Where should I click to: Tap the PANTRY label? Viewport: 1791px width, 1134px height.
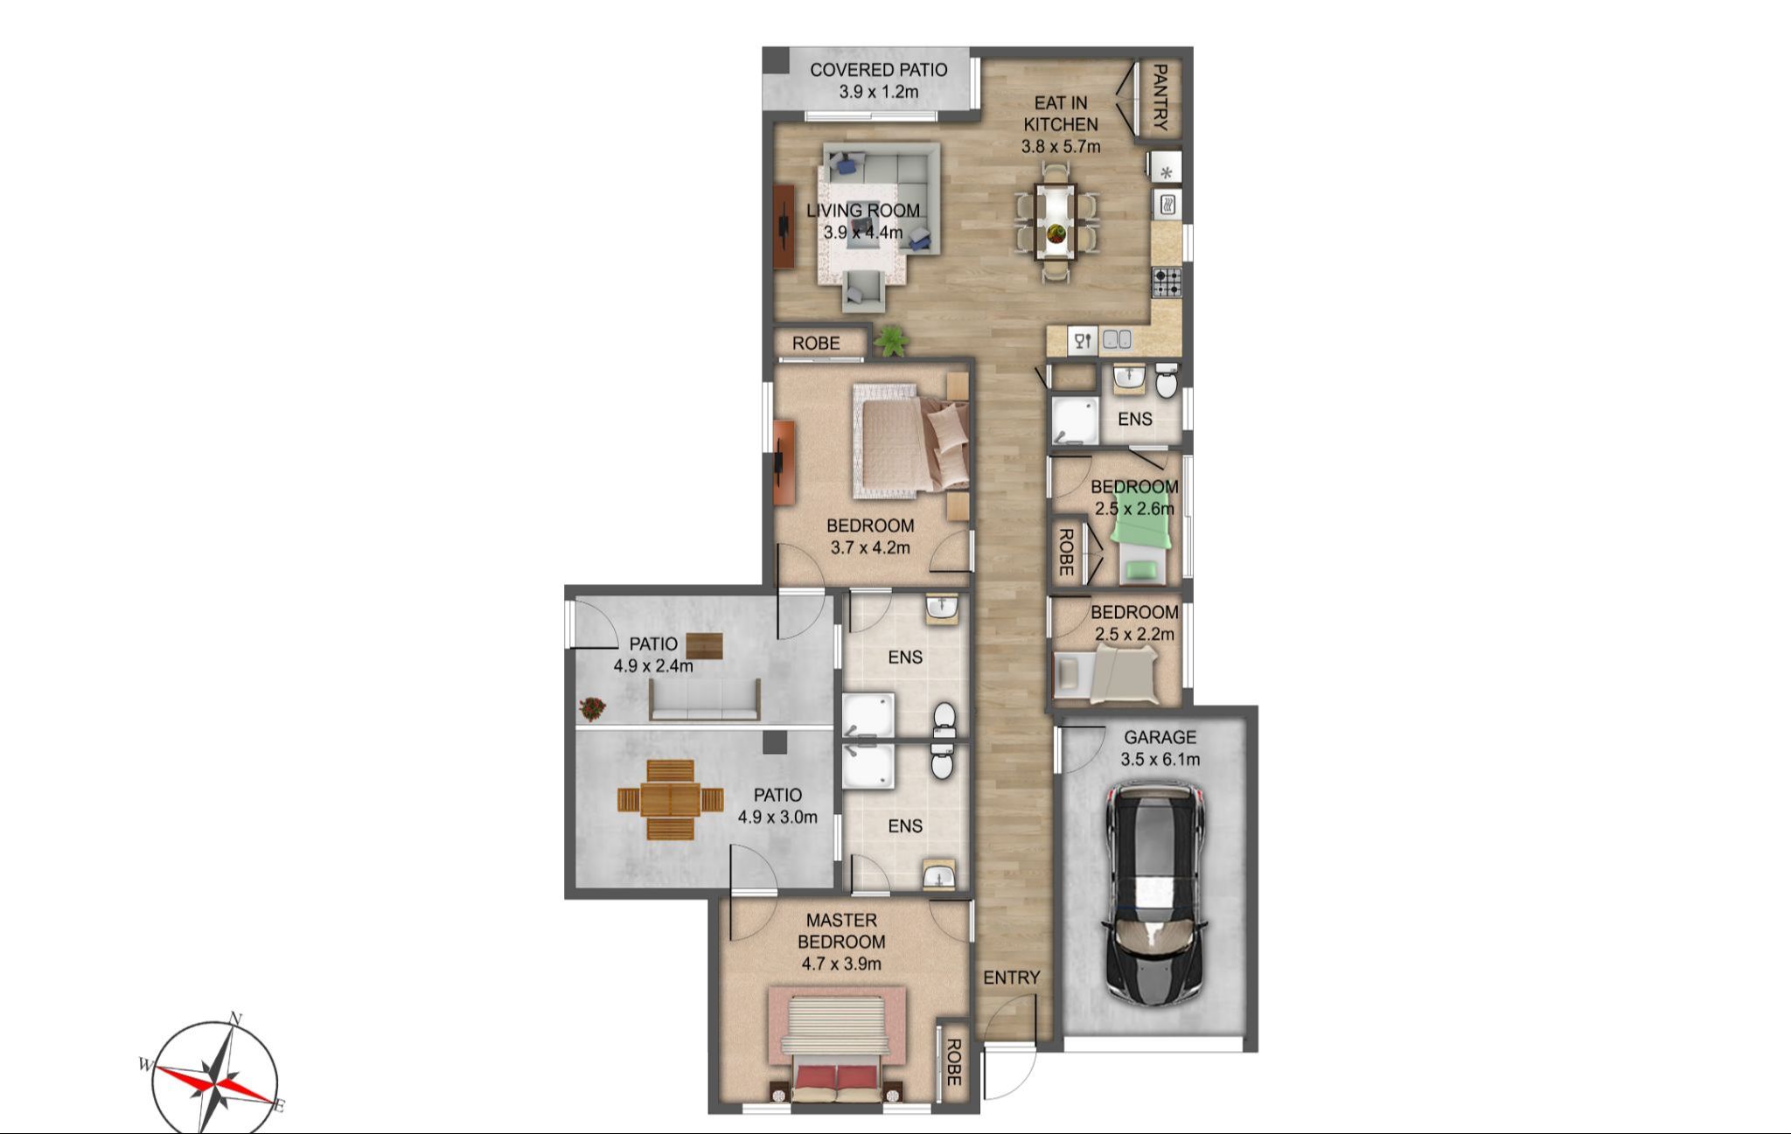pos(1160,96)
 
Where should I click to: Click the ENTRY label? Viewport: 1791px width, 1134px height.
pos(1011,977)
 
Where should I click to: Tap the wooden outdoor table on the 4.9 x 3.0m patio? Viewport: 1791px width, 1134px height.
pos(671,799)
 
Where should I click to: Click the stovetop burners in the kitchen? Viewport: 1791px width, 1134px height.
pos(1167,282)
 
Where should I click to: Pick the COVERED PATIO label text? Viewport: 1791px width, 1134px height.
pos(878,70)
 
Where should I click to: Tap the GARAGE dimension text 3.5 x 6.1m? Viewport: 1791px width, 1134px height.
pos(1160,759)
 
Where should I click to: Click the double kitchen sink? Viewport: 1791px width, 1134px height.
pos(1117,340)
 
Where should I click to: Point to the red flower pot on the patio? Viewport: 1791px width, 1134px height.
pos(592,707)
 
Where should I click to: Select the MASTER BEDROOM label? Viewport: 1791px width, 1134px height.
pos(841,930)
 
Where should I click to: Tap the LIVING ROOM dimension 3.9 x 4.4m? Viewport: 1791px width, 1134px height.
pos(863,233)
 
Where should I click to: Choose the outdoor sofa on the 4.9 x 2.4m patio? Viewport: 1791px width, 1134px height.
pos(705,699)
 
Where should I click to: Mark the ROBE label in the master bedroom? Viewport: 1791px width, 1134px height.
pos(953,1062)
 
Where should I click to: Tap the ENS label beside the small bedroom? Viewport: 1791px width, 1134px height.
pos(1135,419)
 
